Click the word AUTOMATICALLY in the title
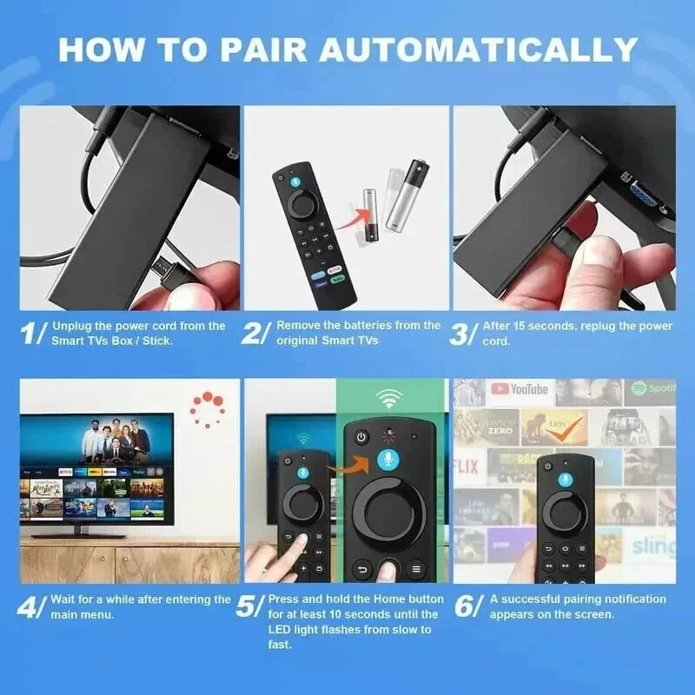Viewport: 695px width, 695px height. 478,48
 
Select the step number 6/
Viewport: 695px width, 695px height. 467,606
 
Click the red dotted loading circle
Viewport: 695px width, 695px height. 208,407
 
